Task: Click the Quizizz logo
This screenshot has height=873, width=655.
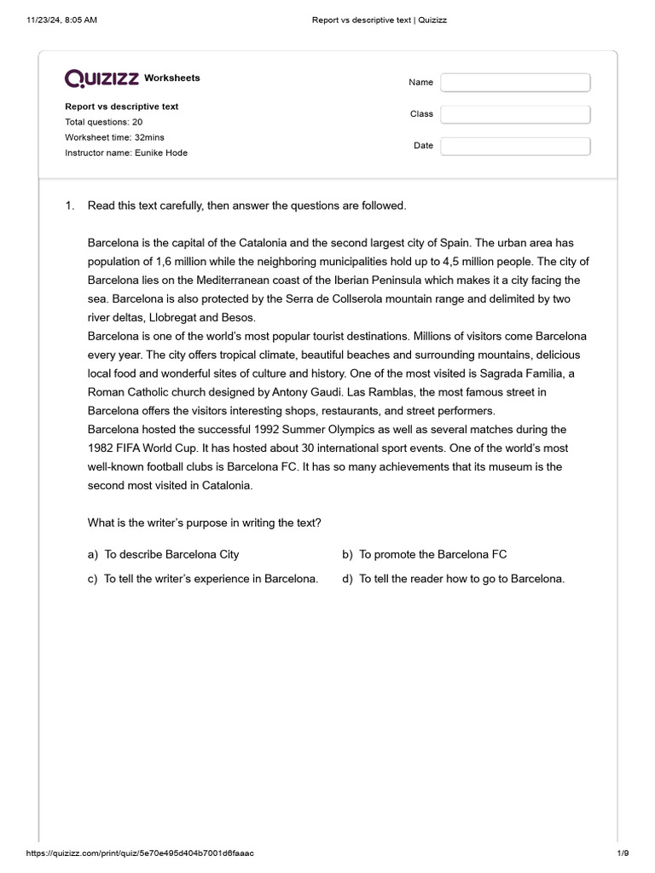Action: click(102, 78)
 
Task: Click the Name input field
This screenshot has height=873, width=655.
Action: click(515, 83)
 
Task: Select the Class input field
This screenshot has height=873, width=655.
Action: click(515, 114)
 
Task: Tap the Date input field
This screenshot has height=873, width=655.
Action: click(515, 146)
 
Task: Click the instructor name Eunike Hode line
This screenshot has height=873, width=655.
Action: click(126, 153)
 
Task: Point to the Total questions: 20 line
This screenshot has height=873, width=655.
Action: click(103, 122)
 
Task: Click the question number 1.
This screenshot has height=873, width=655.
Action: click(70, 205)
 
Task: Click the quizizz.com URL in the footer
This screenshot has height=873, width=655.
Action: click(140, 853)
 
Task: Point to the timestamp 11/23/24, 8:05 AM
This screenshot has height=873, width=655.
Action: click(61, 20)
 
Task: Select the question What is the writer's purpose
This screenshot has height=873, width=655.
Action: click(205, 523)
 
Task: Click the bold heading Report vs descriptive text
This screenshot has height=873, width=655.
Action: click(122, 107)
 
